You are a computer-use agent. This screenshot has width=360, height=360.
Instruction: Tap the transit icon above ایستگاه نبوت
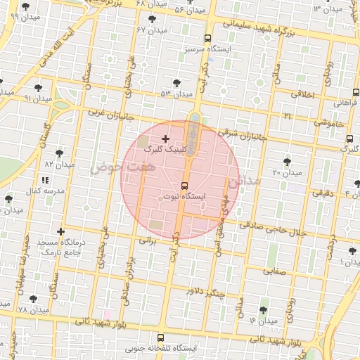pyautogui.click(x=184, y=186)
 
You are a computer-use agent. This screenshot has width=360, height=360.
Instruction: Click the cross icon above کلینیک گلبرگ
pyautogui.click(x=165, y=139)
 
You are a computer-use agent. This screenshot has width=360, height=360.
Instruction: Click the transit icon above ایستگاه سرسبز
pyautogui.click(x=207, y=39)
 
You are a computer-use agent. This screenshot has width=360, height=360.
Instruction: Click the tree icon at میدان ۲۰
pyautogui.click(x=287, y=161)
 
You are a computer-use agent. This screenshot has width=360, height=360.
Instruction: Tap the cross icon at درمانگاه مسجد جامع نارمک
pyautogui.click(x=61, y=231)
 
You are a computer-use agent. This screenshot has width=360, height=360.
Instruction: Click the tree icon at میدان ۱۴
pyautogui.click(x=264, y=310)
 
